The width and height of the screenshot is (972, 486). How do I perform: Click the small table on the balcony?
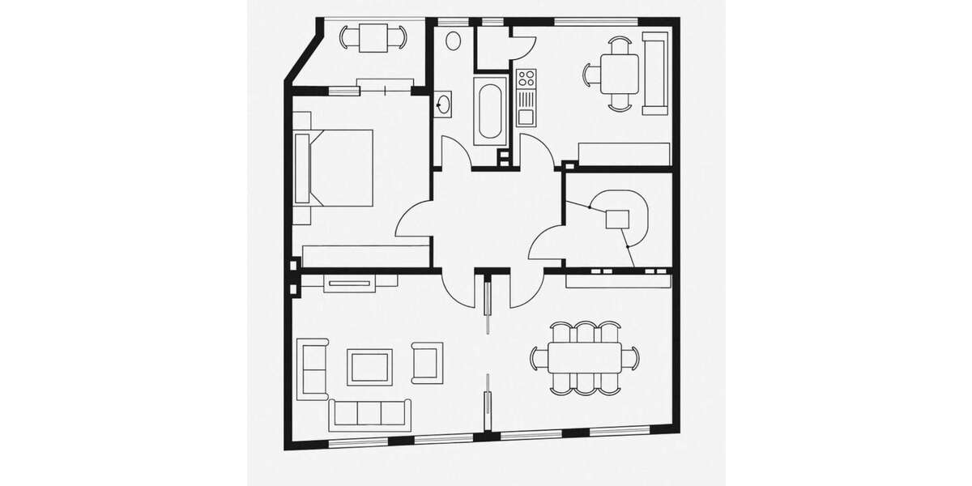(373, 36)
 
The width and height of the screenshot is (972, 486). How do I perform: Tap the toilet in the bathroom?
(454, 40)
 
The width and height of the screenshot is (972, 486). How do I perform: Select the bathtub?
(491, 113)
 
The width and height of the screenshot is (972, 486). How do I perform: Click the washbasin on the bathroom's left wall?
(444, 104)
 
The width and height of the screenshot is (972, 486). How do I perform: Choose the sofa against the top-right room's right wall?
(655, 73)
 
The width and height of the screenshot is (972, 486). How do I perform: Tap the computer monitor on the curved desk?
(618, 218)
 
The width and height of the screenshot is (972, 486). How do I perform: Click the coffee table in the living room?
(369, 367)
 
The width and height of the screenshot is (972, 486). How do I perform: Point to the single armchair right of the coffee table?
(427, 362)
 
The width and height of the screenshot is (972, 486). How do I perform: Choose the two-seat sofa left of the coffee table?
(313, 369)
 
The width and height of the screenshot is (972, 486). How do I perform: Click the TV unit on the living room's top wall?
(349, 283)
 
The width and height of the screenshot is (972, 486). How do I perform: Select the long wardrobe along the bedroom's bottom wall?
(361, 255)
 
